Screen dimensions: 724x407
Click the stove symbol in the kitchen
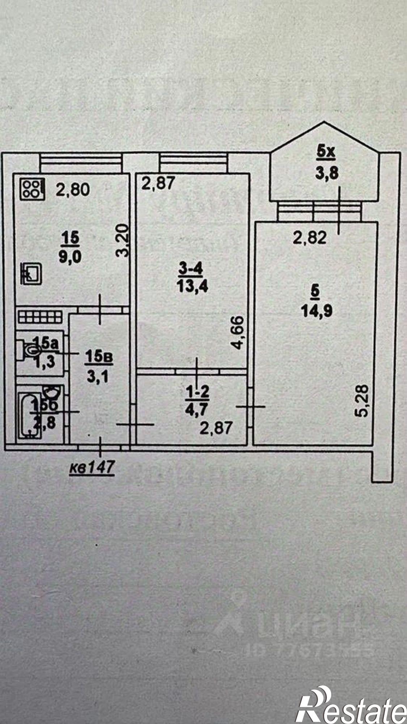pos(33,189)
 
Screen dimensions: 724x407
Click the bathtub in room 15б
pos(30,415)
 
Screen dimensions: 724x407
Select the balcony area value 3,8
pos(326,173)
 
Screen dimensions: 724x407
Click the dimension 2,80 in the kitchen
pos(73,190)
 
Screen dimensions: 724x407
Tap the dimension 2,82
pos(310,237)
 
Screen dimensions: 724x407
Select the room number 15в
pos(99,357)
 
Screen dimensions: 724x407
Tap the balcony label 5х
pos(326,152)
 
